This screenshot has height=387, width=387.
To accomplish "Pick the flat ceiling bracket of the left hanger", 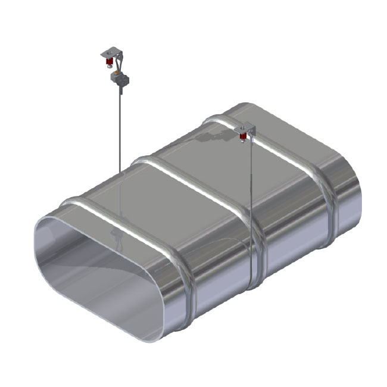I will [110, 54].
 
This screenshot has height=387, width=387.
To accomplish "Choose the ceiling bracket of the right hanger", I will [245, 128].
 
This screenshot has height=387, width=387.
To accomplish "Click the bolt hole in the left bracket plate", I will [107, 55].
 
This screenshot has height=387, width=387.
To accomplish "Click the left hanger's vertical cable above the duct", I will [120, 131].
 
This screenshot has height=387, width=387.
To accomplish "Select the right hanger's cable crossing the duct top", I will [251, 196].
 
